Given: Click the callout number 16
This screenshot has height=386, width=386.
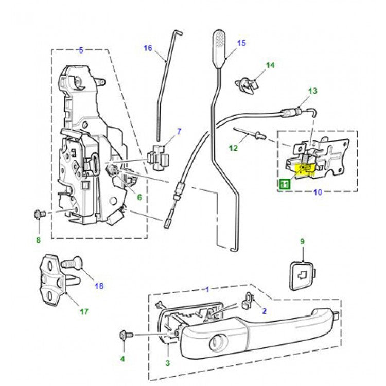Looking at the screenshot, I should tap(148, 48).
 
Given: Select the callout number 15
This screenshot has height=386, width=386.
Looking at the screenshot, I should tap(241, 43).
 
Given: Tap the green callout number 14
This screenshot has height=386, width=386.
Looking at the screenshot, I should tap(270, 65).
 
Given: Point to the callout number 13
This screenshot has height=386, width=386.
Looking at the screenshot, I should tap(313, 91).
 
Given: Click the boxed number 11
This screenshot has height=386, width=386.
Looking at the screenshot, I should tap(284, 182).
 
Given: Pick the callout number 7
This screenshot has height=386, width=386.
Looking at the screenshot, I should tap(179, 132).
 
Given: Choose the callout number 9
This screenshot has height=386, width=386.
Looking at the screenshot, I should tap(302, 241).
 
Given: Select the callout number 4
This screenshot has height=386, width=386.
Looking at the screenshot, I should tap(122, 359).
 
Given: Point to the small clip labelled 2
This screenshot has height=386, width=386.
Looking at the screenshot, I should tap(250, 301).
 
